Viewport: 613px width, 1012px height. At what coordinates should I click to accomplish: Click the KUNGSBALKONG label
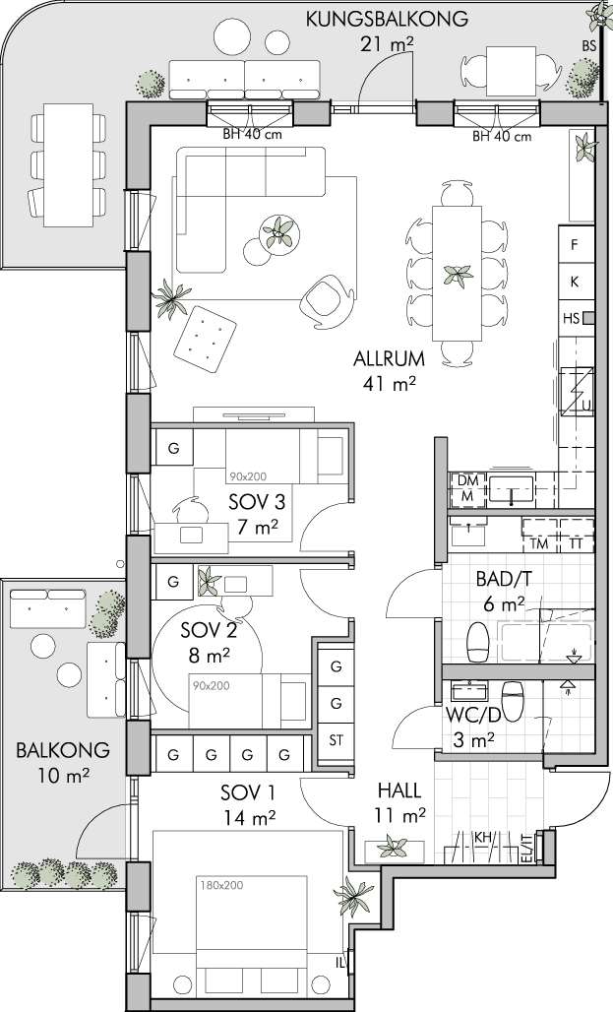[x=387, y=19]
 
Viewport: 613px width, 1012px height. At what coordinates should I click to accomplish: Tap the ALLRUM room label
[x=389, y=359]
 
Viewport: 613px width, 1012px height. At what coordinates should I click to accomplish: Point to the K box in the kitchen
[x=575, y=283]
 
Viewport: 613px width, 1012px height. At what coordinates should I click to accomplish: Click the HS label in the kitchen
[x=571, y=318]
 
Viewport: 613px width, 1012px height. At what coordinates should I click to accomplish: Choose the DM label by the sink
[x=467, y=480]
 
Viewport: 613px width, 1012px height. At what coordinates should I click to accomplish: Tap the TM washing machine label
[x=539, y=544]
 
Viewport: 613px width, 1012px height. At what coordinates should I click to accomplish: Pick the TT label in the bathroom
[x=576, y=544]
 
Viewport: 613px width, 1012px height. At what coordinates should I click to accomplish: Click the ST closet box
[x=336, y=740]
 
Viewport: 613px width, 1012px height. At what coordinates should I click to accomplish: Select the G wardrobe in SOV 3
[x=173, y=449]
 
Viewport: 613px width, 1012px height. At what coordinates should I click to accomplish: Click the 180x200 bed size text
[x=221, y=885]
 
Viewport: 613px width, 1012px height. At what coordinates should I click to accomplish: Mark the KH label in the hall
[x=483, y=837]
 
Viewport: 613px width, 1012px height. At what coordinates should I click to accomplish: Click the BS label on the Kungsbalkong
[x=587, y=46]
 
